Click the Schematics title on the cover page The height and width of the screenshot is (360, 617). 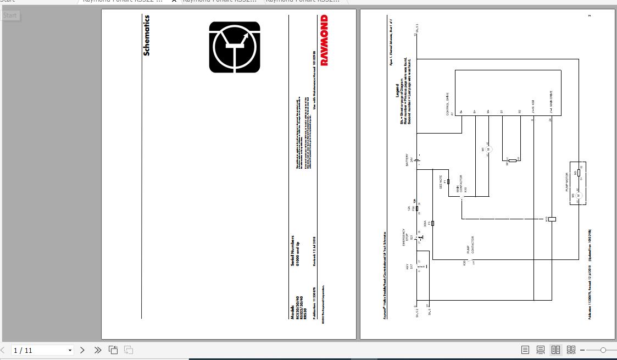pyautogui.click(x=146, y=35)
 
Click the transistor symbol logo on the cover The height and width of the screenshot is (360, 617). pyautogui.click(x=235, y=47)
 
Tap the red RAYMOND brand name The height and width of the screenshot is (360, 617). pyautogui.click(x=324, y=40)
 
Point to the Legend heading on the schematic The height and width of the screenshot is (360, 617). pyautogui.click(x=397, y=91)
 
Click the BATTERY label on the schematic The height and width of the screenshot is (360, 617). pyautogui.click(x=407, y=160)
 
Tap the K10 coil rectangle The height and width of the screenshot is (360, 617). pyautogui.click(x=551, y=219)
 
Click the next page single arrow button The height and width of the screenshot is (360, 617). pyautogui.click(x=82, y=350)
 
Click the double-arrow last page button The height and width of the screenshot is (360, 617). pyautogui.click(x=98, y=350)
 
